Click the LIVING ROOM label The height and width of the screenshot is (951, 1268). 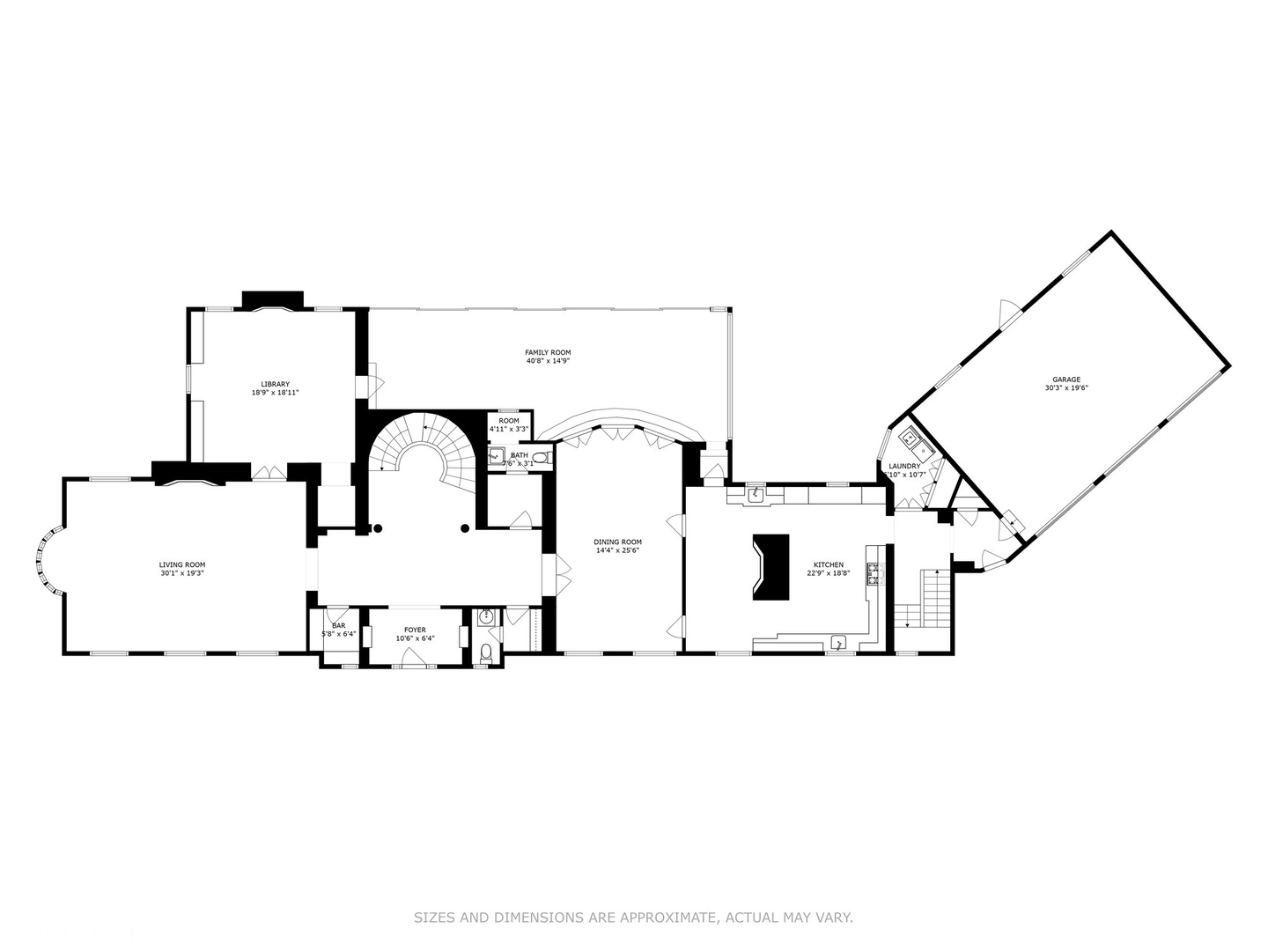click(x=182, y=564)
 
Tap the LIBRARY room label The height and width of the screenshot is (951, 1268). click(x=275, y=384)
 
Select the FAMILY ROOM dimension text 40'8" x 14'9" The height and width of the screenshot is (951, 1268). click(x=549, y=361)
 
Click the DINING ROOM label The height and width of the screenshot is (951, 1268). click(x=617, y=542)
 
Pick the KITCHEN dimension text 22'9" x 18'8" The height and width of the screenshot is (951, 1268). click(x=828, y=573)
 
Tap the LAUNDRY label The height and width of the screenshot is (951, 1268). click(x=904, y=466)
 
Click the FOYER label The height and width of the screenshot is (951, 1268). click(x=415, y=630)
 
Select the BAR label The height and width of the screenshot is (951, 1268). click(x=338, y=626)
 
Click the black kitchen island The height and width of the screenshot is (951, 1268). click(x=771, y=567)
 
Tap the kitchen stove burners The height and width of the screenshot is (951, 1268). click(x=875, y=574)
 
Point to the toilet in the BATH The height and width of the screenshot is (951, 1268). click(x=540, y=457)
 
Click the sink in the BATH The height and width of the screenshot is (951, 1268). click(x=496, y=456)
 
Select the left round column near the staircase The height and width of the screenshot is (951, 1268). click(x=378, y=528)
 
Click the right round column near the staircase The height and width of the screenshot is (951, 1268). click(x=464, y=528)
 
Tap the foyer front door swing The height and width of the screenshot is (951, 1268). click(x=409, y=654)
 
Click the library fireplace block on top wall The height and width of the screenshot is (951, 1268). click(x=273, y=299)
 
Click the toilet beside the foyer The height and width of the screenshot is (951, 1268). click(x=486, y=652)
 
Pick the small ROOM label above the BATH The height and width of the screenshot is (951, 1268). click(x=509, y=421)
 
